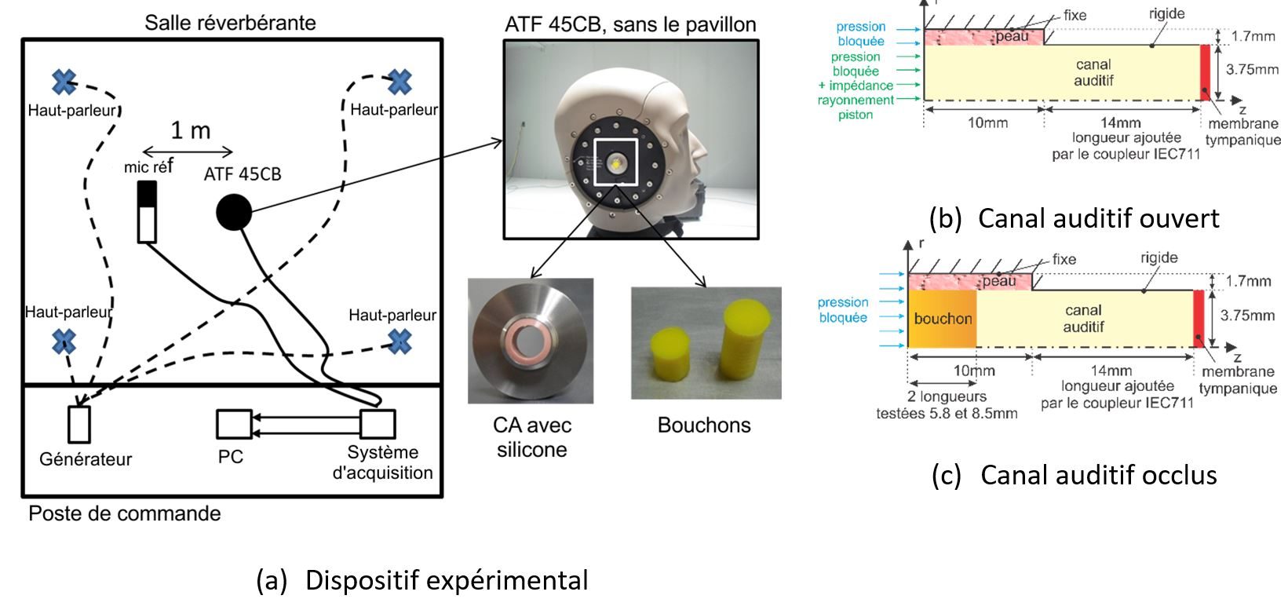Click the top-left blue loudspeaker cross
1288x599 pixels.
64,82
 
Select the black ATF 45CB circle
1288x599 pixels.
233,212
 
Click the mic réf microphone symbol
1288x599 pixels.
147,212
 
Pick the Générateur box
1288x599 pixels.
79,424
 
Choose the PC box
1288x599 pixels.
233,424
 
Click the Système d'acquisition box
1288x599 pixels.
378,424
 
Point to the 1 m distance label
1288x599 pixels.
191,130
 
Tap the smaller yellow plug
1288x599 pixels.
670,352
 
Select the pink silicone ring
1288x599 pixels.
531,339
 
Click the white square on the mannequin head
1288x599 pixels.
617,163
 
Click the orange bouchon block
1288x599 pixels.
942,319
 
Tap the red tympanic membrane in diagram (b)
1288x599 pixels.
1205,72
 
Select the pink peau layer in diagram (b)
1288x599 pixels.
983,37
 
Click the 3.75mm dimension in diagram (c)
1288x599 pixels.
1247,316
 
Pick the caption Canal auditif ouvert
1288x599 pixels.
1074,218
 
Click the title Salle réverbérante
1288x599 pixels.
230,23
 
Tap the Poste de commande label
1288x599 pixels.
125,514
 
